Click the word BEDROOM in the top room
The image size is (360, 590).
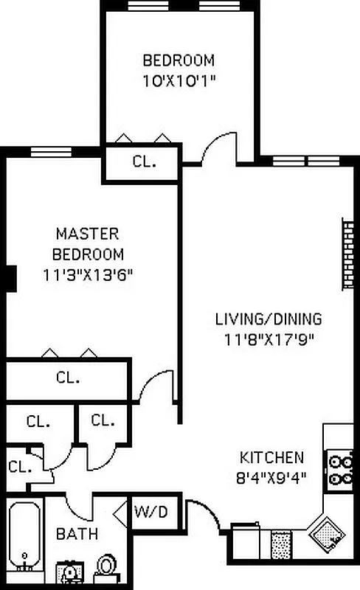tap(179, 60)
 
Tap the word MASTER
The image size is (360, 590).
tap(87, 234)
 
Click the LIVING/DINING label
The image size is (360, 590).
tap(268, 319)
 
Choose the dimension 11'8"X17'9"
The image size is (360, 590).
tap(268, 339)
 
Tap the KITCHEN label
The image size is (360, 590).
tap(271, 457)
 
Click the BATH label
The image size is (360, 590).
tap(77, 533)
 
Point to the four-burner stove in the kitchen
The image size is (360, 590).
tap(340, 471)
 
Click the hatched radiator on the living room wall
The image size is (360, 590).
tap(347, 254)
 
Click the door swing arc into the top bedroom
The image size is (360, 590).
tap(218, 147)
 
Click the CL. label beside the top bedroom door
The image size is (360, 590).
tap(144, 162)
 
